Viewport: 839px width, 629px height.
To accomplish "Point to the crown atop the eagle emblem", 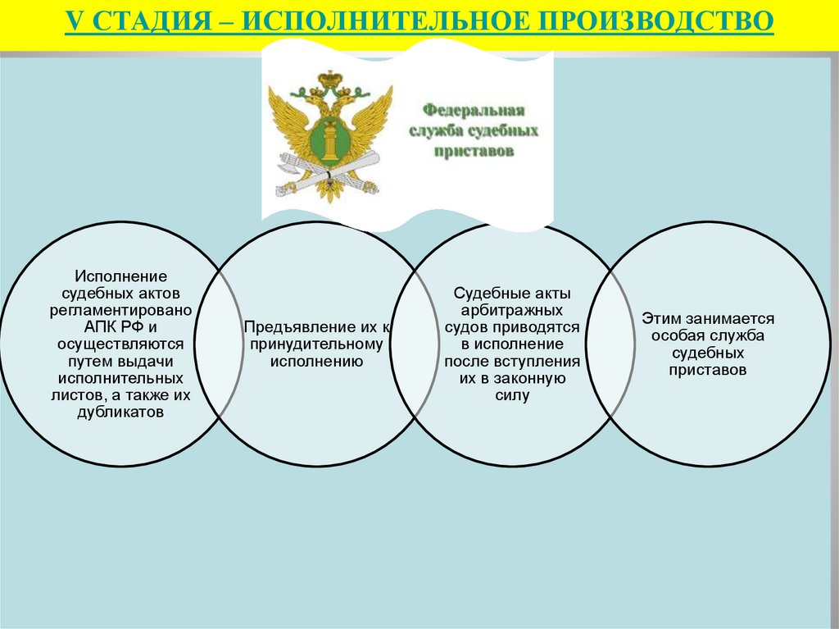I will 331,79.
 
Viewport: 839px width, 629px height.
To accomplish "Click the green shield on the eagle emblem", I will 331,141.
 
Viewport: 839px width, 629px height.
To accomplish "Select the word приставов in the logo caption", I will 473,152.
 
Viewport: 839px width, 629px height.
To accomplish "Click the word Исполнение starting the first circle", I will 121,276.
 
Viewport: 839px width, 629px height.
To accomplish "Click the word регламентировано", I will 121,311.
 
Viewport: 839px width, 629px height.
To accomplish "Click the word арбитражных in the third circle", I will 512,311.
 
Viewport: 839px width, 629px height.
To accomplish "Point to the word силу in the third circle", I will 512,396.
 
